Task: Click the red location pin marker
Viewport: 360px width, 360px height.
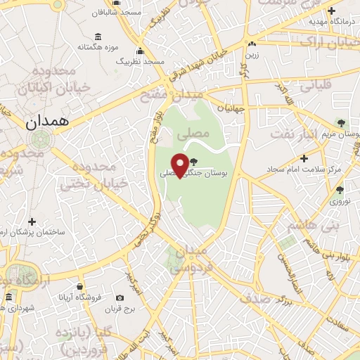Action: [x=180, y=165]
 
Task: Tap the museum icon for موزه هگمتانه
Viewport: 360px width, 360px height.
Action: [x=97, y=37]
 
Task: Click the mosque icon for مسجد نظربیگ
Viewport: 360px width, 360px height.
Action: [x=140, y=51]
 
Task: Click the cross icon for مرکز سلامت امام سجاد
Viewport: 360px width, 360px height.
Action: [x=303, y=158]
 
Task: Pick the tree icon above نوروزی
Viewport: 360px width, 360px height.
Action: [x=340, y=190]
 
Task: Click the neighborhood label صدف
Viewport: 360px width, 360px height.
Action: [x=255, y=297]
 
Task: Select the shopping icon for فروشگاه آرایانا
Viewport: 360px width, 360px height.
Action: [x=81, y=287]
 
